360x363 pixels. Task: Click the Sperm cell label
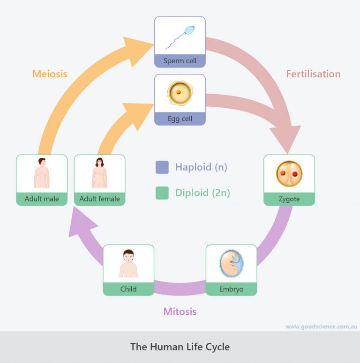[x=180, y=61]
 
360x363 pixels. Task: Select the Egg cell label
[x=180, y=119]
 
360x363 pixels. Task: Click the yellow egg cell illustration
[x=179, y=93]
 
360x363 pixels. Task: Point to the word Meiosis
[x=50, y=74]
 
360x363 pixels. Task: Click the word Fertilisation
[x=313, y=74]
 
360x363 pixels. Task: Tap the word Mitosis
[x=180, y=311]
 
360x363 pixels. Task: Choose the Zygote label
[x=289, y=199]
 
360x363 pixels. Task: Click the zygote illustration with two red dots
[x=289, y=174]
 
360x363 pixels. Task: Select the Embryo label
[x=232, y=289]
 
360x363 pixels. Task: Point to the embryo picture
[x=231, y=264]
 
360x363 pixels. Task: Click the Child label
[x=128, y=289]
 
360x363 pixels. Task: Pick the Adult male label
[x=42, y=199]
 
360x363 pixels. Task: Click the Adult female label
[x=99, y=199]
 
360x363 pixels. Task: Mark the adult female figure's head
[x=99, y=163]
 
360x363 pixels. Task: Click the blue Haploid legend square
[x=162, y=167]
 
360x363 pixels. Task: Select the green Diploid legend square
[x=162, y=193]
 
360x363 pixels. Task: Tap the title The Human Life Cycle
[x=180, y=347]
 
